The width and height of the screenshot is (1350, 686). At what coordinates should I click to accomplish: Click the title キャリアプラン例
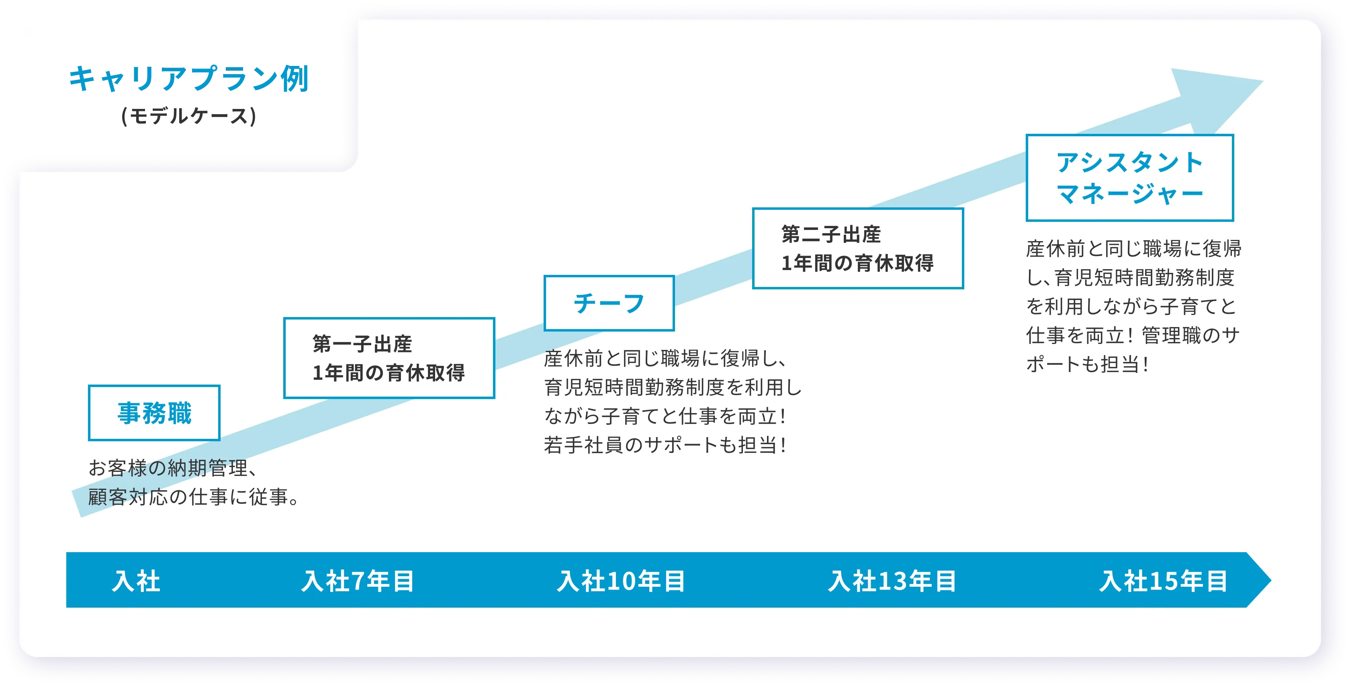(x=189, y=79)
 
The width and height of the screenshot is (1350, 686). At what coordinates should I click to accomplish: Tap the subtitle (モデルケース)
(x=189, y=116)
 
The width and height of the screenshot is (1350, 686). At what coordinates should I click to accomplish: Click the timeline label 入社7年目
(x=358, y=581)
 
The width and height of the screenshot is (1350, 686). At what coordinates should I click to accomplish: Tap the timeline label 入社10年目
(x=621, y=581)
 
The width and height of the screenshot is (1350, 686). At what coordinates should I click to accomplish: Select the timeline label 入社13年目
(x=892, y=581)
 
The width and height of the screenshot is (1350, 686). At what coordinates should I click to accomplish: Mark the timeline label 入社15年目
(x=1164, y=581)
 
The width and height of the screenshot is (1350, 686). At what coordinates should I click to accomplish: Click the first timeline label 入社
(x=136, y=581)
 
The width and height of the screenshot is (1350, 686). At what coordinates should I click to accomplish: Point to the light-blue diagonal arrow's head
(x=1216, y=100)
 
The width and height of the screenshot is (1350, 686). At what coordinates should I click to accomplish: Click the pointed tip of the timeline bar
(x=1271, y=580)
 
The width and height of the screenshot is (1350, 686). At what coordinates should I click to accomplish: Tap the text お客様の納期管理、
(x=173, y=467)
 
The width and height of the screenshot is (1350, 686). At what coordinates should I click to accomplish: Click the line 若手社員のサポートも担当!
(x=665, y=444)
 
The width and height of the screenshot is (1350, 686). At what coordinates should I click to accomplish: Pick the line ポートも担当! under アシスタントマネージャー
(x=1088, y=364)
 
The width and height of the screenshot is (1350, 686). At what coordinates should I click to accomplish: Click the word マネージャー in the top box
(x=1130, y=194)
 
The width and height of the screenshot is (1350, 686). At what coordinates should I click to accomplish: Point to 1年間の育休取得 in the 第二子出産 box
(x=857, y=262)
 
